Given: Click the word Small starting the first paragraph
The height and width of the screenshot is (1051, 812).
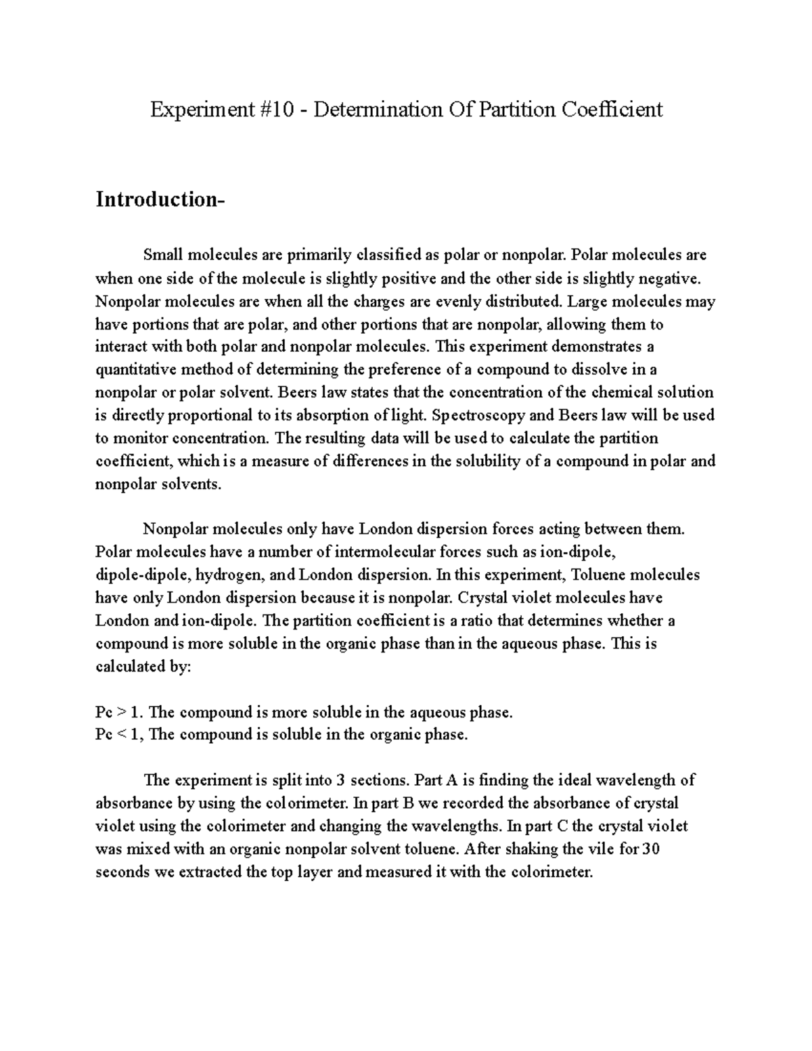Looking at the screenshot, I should (163, 254).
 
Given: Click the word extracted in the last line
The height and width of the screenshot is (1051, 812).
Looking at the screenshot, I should (210, 872).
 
